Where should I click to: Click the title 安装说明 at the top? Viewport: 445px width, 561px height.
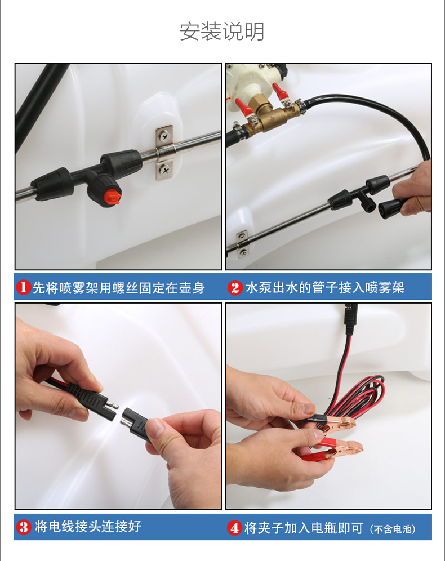click(x=222, y=32)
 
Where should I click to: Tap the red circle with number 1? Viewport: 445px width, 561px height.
click(x=24, y=287)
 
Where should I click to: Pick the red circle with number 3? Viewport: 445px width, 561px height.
click(x=24, y=527)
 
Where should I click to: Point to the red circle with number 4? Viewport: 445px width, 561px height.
click(x=234, y=528)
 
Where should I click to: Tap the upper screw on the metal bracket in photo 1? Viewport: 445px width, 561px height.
click(x=164, y=136)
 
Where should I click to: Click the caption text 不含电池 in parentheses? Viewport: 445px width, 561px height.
click(x=393, y=529)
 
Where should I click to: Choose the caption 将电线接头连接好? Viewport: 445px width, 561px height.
click(x=88, y=527)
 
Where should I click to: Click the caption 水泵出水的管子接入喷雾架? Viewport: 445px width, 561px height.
click(x=325, y=288)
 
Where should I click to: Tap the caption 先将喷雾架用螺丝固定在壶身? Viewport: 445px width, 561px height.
click(x=118, y=288)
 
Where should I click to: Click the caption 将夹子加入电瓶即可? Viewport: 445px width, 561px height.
click(x=304, y=528)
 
